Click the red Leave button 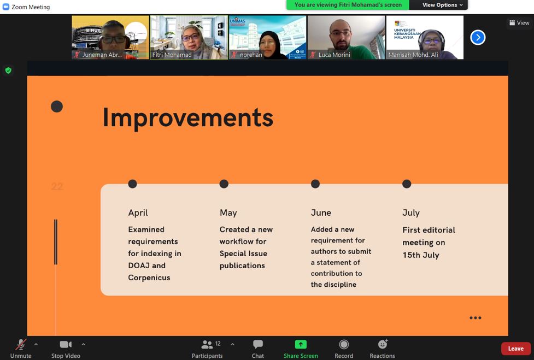[515, 349]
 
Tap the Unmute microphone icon [21, 344]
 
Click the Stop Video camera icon [66, 344]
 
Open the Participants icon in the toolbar [207, 344]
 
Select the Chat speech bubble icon [258, 344]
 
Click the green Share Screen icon [301, 344]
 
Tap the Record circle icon [344, 344]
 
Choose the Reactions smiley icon [383, 344]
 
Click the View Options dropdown [442, 5]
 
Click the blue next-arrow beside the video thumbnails [478, 38]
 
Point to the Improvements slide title [187, 118]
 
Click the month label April [138, 213]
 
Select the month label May [228, 213]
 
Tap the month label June [321, 213]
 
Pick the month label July [411, 213]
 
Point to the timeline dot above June [315, 184]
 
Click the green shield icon [8, 70]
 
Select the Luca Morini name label [334, 55]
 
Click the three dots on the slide [476, 318]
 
